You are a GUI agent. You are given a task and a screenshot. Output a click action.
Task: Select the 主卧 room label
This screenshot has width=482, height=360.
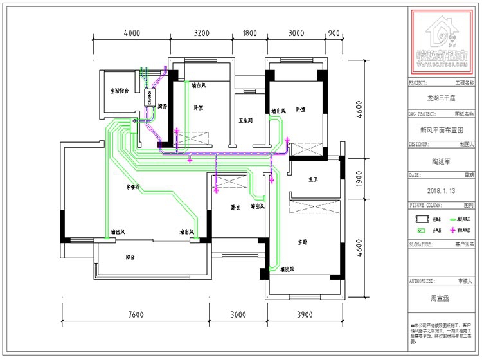303,242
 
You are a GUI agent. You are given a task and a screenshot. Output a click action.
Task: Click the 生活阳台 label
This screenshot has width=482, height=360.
120,91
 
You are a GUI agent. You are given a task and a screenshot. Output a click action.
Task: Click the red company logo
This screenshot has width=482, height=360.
442,43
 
